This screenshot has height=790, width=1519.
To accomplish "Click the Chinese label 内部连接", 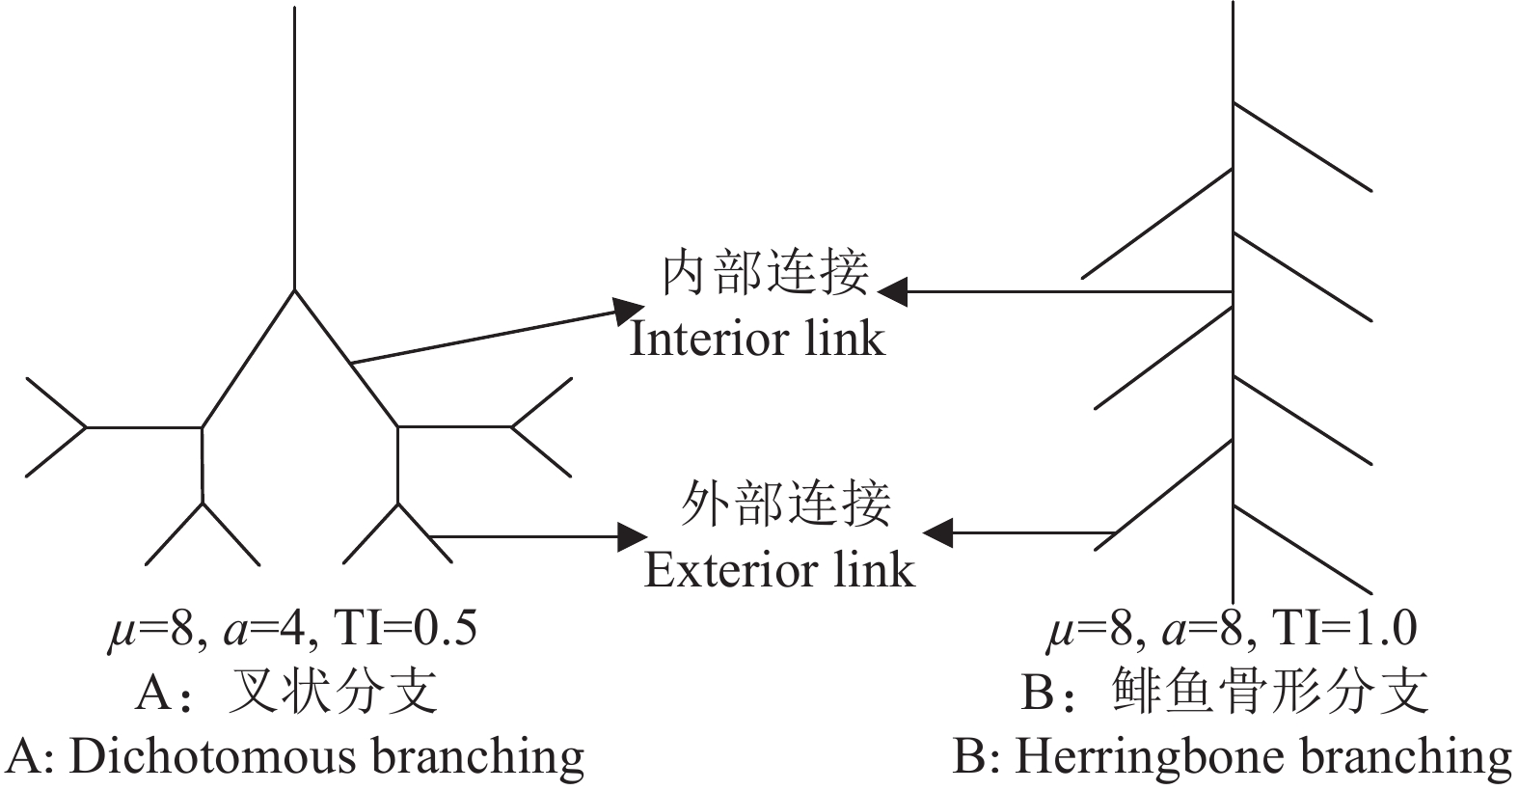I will (x=765, y=273).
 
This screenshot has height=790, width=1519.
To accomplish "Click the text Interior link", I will (x=757, y=339).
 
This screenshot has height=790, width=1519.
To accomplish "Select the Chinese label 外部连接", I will (x=785, y=504).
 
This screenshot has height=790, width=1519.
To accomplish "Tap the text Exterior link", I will (x=778, y=569).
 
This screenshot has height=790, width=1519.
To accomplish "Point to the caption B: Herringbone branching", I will (x=1232, y=757).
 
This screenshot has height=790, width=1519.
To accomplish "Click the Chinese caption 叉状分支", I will (x=332, y=692).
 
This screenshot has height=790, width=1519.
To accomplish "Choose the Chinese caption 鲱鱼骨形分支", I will (x=1269, y=692).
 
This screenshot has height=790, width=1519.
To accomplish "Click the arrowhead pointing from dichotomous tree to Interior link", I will (x=631, y=310).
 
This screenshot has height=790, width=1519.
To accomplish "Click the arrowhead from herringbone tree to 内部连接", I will (x=892, y=291).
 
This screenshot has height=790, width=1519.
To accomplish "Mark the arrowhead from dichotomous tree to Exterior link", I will (x=633, y=536).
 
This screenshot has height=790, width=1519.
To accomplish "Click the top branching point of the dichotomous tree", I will (x=294, y=289).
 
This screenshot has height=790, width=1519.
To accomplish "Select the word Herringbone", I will (x=1127, y=757).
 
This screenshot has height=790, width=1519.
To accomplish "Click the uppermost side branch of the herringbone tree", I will (x=1302, y=146).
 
